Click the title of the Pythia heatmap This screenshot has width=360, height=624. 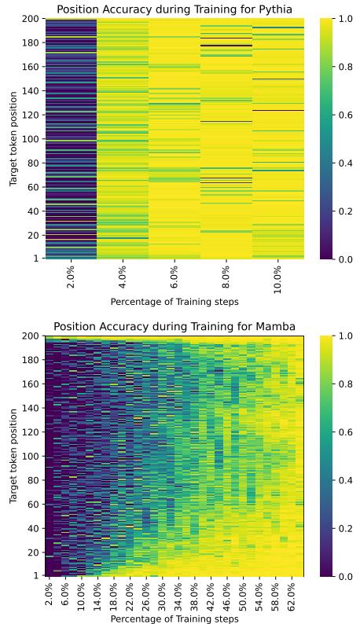(174, 9)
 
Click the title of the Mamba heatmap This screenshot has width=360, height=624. (174, 326)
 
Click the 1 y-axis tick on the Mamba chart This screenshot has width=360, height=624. (36, 575)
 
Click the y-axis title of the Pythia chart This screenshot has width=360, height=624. (13, 139)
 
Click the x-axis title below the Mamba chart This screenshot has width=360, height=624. (174, 618)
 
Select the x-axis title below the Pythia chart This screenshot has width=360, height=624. (174, 301)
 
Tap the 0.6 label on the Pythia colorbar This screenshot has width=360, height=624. (344, 116)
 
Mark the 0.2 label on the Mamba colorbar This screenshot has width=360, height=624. (344, 528)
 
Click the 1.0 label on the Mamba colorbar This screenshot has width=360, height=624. (344, 336)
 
